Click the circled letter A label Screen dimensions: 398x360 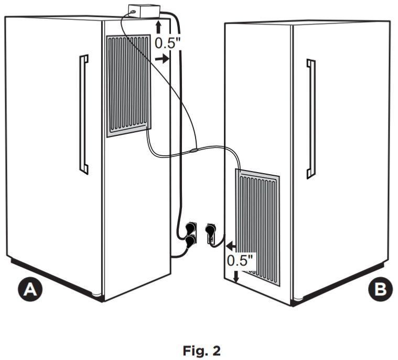coord(30,289)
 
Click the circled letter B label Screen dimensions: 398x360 coord(380,289)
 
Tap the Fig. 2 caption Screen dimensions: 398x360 coord(202,351)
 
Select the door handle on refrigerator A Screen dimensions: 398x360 coord(84,114)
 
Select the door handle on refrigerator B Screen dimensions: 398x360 coord(311,119)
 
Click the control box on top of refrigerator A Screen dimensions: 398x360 coord(144,12)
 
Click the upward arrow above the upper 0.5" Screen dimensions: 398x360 coord(158,27)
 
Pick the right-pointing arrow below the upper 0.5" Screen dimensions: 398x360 coord(162,59)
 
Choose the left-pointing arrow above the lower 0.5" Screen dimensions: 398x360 coord(231,246)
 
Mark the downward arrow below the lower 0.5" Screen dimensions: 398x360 coord(236,277)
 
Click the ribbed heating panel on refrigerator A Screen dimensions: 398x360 coord(128,86)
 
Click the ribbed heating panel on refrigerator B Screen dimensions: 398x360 coord(257,227)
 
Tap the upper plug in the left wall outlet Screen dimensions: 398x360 coord(190,228)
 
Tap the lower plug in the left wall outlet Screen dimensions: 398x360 coord(190,241)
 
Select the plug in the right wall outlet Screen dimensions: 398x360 coord(211,230)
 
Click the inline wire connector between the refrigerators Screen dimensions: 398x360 coord(194,151)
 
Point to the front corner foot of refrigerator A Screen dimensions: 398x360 coord(96,295)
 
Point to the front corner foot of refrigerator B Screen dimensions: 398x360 coord(298,299)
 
